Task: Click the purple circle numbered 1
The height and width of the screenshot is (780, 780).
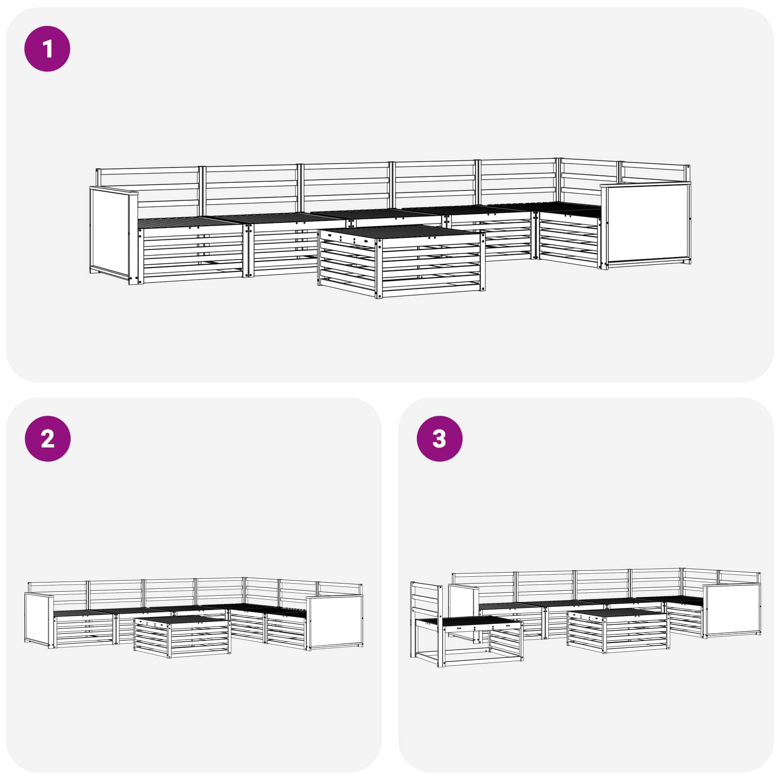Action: pos(47,49)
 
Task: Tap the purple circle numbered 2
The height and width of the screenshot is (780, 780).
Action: pos(47,438)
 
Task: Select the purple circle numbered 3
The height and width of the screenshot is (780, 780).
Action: pos(439,438)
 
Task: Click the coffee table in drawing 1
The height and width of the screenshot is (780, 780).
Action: pos(401,261)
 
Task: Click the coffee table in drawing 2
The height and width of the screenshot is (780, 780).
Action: pos(182,636)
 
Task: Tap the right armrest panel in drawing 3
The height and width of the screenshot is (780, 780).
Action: pos(732,610)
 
